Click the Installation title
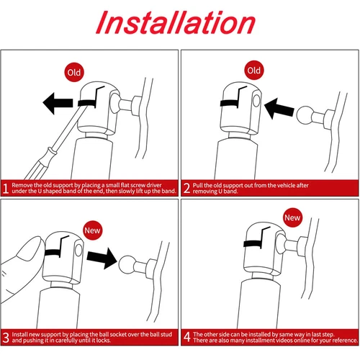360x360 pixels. click(176, 22)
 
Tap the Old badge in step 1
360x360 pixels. click(74, 72)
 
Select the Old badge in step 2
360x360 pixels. click(254, 71)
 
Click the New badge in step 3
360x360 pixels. click(92, 230)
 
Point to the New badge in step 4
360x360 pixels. click(292, 217)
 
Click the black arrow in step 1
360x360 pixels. click(58, 103)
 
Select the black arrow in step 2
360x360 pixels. click(279, 109)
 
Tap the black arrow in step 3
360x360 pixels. click(102, 258)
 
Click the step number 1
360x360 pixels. click(6, 188)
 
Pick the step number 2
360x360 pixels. click(186, 188)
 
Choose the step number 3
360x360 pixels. click(6, 337)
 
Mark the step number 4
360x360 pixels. click(187, 337)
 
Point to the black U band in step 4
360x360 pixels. click(252, 243)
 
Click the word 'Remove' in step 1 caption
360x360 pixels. click(22, 185)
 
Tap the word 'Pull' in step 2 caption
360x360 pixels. click(197, 185)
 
